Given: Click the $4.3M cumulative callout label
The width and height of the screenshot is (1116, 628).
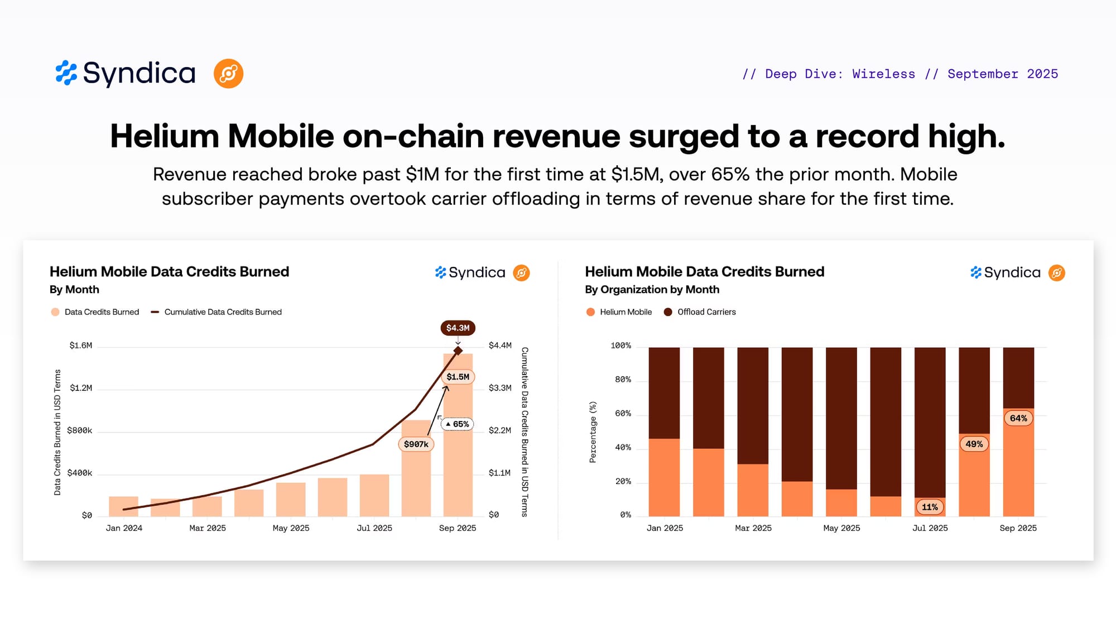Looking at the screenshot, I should tap(458, 328).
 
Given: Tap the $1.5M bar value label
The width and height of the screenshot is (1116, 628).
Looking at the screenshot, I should tap(458, 377).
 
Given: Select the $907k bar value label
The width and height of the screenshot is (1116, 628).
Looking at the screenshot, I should tap(416, 444).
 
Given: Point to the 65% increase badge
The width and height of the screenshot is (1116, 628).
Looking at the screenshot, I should tap(458, 424).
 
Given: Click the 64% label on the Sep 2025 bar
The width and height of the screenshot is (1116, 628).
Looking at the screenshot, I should tap(1018, 418).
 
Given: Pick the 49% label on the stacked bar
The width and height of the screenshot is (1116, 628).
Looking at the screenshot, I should tap(974, 444).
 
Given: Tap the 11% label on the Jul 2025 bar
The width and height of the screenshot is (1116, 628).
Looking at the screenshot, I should tap(930, 507).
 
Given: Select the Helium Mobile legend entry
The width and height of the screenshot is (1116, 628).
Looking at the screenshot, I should tap(619, 312).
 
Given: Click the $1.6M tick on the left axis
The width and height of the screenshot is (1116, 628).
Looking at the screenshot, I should tap(81, 346).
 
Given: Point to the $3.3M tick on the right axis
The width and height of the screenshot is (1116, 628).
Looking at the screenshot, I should tap(500, 388).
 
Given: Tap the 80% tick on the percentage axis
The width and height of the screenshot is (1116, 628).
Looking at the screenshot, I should tap(623, 380).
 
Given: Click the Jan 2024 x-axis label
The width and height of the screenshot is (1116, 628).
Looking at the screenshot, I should tap(124, 528).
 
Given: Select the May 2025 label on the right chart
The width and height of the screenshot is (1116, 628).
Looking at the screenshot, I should tap(841, 528).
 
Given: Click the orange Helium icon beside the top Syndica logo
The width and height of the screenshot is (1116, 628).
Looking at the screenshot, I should tap(228, 74).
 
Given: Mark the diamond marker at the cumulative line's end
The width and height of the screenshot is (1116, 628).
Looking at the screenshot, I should tap(458, 351).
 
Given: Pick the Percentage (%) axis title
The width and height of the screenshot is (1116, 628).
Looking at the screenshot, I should tap(593, 432).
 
